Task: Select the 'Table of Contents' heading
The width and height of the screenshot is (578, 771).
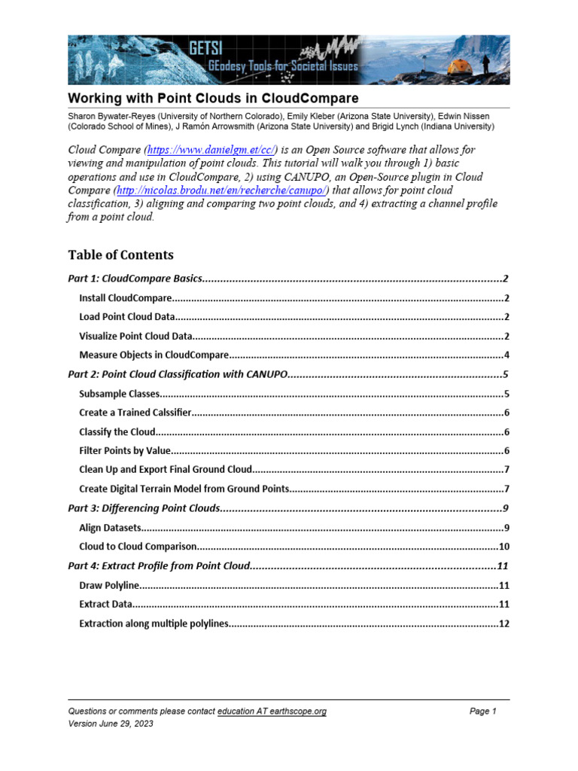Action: pyautogui.click(x=120, y=254)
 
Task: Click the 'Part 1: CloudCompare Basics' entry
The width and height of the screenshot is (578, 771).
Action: pyautogui.click(x=135, y=279)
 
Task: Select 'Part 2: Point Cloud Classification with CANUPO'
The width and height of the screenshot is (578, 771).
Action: pyautogui.click(x=178, y=374)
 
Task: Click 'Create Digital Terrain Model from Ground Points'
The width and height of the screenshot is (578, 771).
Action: pyautogui.click(x=184, y=489)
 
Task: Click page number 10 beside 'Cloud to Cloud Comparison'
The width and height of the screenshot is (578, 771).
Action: pyautogui.click(x=504, y=547)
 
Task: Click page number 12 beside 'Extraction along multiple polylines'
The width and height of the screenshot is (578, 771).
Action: pyautogui.click(x=504, y=623)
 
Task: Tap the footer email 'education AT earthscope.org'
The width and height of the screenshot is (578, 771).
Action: pyautogui.click(x=272, y=712)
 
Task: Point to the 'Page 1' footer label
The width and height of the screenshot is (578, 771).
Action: pyautogui.click(x=483, y=712)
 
